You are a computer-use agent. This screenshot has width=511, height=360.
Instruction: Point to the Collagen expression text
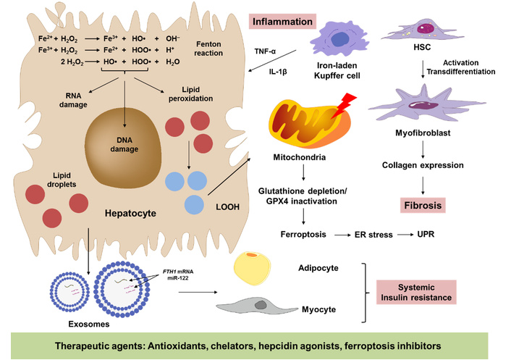point(423,165)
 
